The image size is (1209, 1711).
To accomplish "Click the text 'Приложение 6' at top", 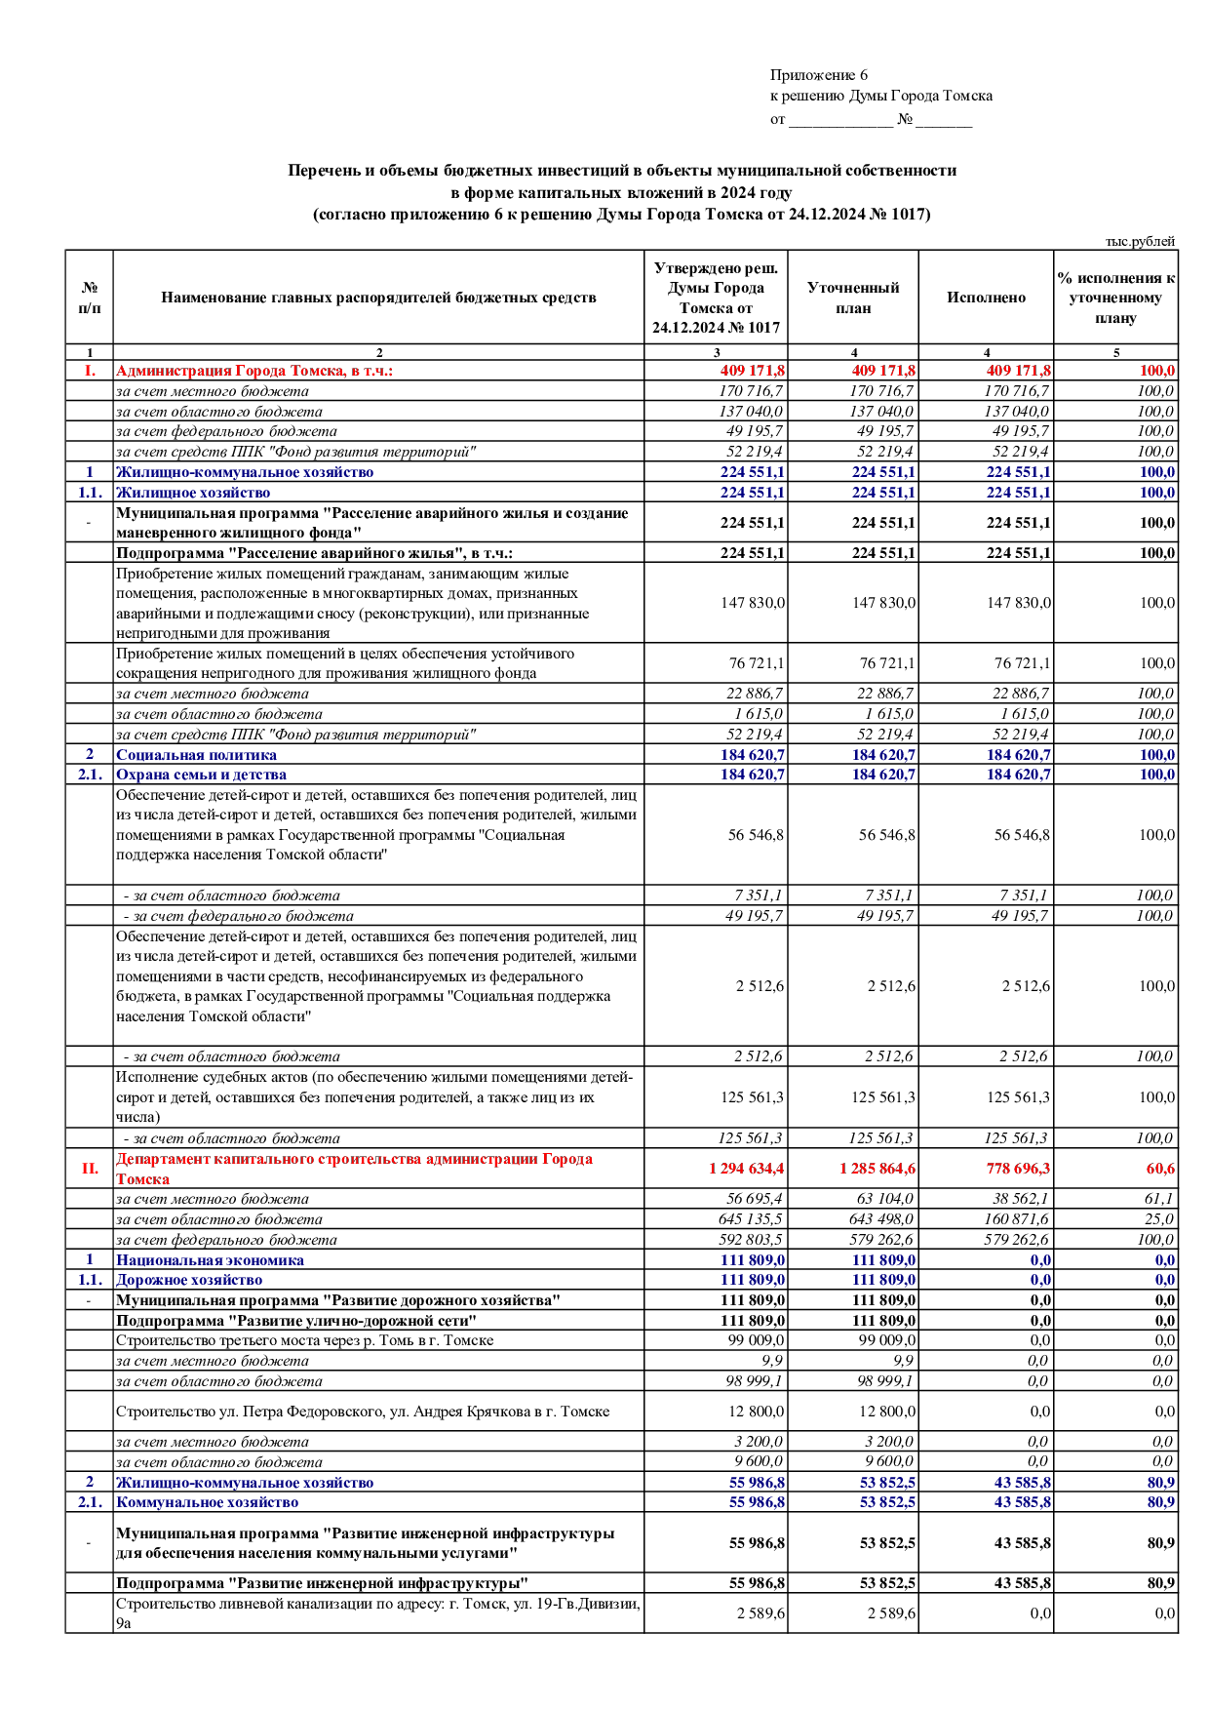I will point(818,75).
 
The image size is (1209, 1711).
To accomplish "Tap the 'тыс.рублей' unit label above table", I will point(1140,241).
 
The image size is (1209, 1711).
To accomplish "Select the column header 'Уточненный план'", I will point(853,298).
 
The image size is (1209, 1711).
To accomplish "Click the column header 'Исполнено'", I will point(986,298).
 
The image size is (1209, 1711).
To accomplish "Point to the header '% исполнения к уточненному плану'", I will point(1115,298).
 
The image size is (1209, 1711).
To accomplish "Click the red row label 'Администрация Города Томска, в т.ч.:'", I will point(253,371).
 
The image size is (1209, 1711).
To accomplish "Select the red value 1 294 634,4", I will point(747,1169).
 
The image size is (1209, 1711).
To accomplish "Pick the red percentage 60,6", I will point(1160,1169).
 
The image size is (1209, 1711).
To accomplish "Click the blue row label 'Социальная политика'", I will point(196,754).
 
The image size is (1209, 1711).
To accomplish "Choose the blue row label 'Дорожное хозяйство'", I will point(189,1280).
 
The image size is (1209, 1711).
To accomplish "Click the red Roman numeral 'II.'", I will point(90,1169).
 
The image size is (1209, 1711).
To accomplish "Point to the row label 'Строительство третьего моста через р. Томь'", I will point(304,1340).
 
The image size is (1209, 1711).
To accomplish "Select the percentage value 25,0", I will point(1159,1219).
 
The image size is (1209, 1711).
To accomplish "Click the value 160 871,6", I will point(1017,1219).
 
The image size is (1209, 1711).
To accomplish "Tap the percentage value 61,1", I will point(1159,1199).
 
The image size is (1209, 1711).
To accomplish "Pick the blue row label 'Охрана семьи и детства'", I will point(201,775).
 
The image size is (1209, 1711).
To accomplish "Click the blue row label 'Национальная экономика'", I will point(210,1259).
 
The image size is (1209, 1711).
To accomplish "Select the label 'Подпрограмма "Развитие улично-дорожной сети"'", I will point(296,1321).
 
